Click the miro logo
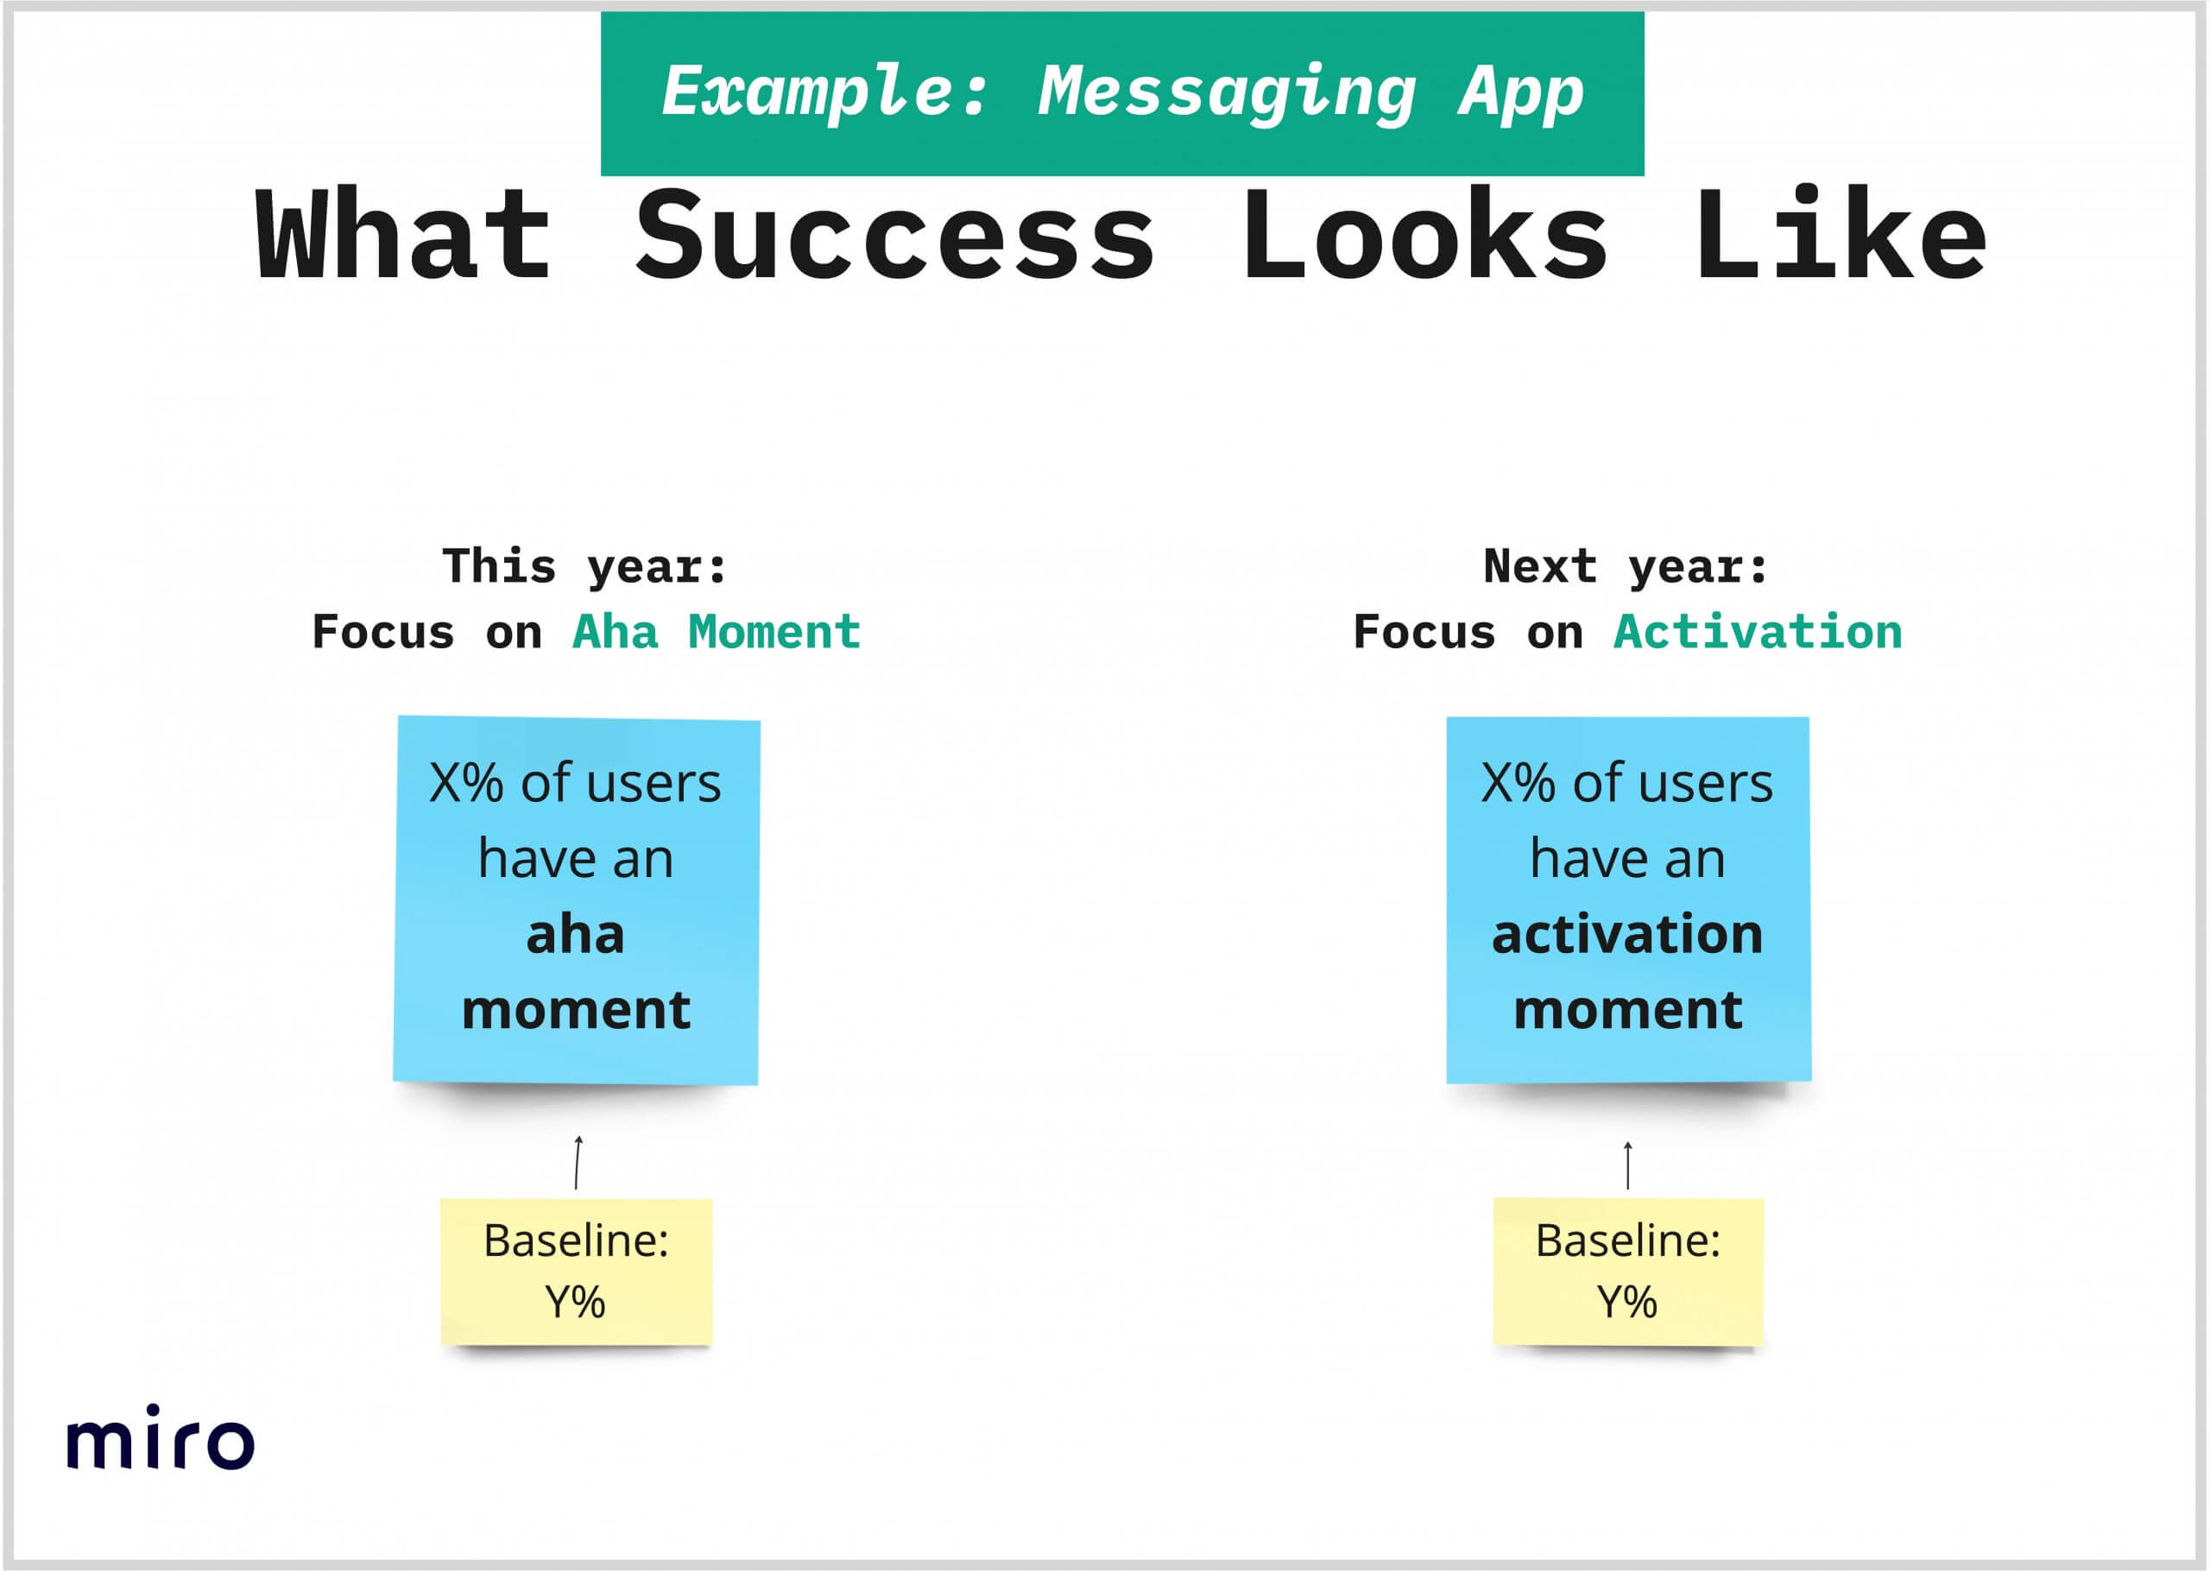coord(160,1436)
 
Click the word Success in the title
coord(894,235)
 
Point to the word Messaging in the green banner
coord(1228,93)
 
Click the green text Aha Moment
coord(717,632)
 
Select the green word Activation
coord(1758,632)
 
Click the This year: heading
coord(584,567)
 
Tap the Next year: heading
coord(1626,567)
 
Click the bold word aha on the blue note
coord(575,935)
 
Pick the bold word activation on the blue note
coord(1627,935)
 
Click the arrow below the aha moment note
coord(577,1162)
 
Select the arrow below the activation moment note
coord(1628,1165)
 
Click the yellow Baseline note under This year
coord(577,1272)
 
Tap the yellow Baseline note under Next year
coord(1628,1272)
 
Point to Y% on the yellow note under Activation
coord(1627,1302)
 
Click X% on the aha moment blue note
coord(466,783)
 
